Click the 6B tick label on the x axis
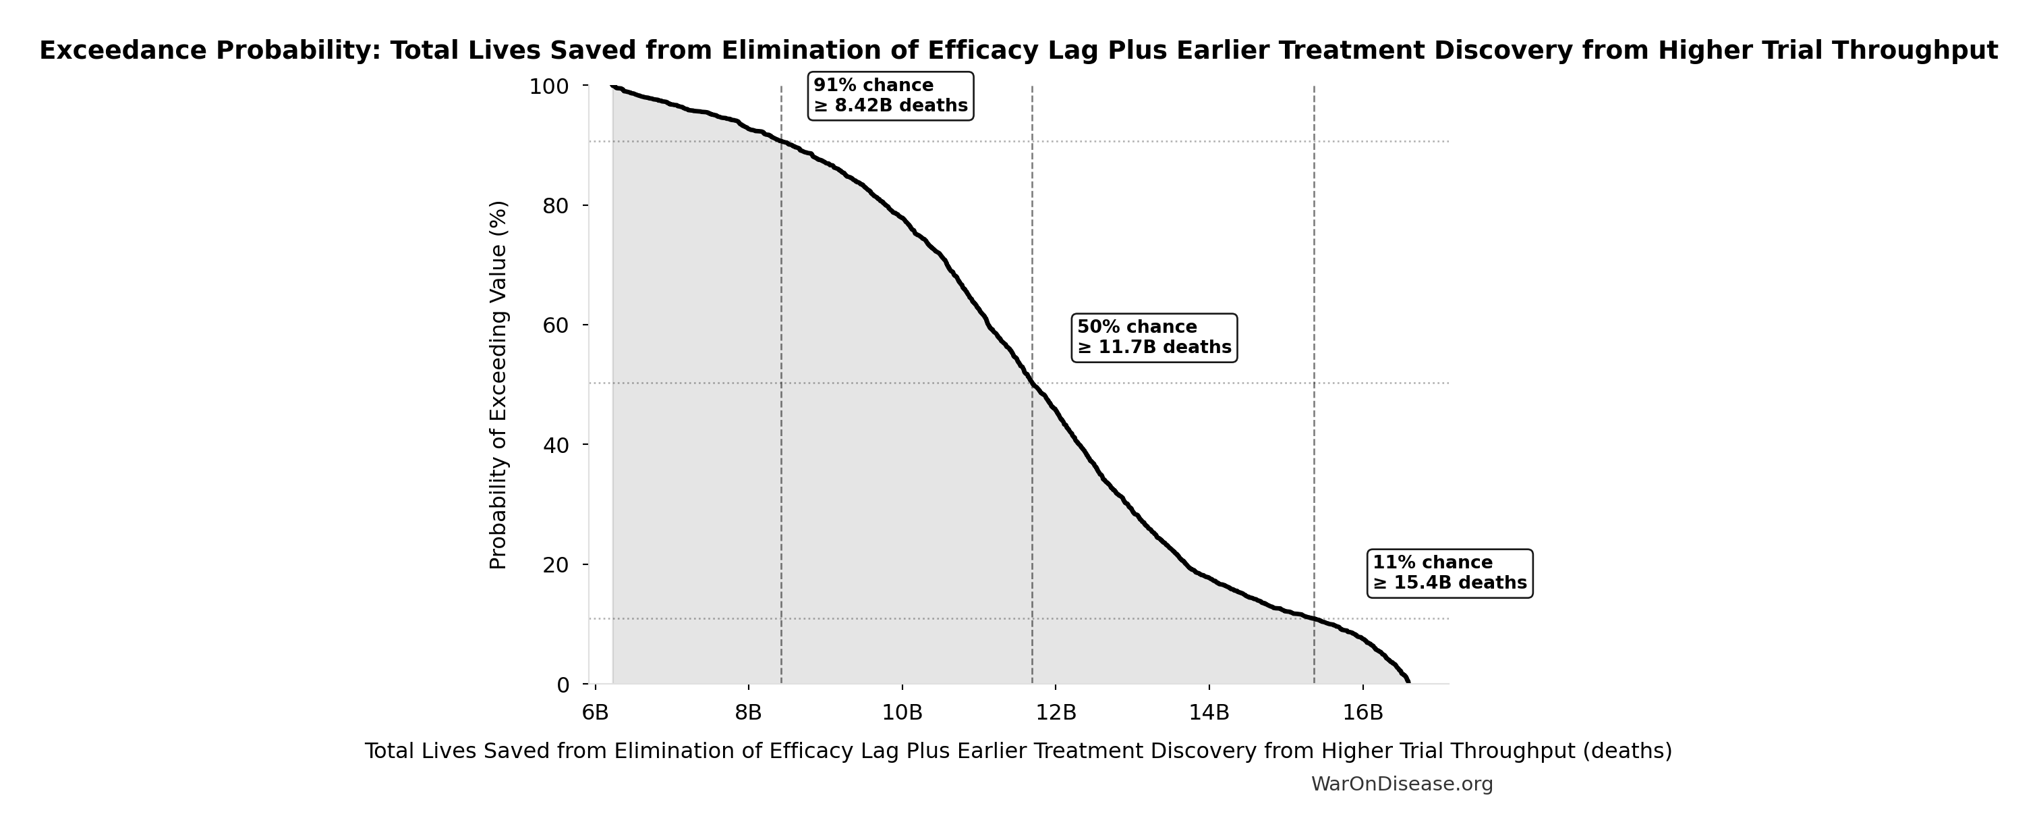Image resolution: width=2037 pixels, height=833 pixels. (595, 712)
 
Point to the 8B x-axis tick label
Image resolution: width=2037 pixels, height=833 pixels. (748, 712)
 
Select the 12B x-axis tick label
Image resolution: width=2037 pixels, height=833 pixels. (1056, 712)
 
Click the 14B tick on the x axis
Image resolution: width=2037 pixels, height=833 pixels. (1209, 712)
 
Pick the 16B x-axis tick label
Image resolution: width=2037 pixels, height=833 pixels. (1362, 712)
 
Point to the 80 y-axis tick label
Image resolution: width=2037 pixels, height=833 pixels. (558, 206)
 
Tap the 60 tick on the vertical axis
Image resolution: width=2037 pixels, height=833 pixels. (558, 325)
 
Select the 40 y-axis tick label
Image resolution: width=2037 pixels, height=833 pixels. (558, 445)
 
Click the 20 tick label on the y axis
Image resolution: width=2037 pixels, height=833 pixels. (558, 565)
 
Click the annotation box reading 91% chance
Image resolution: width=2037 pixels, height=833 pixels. (890, 96)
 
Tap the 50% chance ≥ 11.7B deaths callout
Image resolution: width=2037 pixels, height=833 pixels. (1153, 338)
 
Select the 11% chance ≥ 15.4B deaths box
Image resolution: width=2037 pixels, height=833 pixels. (1449, 572)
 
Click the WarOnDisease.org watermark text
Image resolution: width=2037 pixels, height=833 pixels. (1401, 784)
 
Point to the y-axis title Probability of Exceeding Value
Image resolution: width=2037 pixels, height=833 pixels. (498, 385)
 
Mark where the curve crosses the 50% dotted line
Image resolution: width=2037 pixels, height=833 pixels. (1032, 383)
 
